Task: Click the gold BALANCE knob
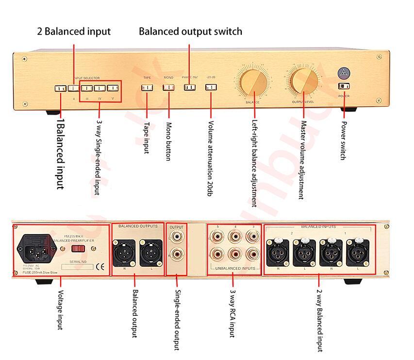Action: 252,81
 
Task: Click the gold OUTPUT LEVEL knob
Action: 304,81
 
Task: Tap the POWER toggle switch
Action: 344,86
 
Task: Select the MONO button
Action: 168,87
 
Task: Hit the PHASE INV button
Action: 189,87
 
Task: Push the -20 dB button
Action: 211,87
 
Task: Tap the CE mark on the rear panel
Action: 100,266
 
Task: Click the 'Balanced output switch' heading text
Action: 190,32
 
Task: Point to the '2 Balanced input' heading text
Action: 74,32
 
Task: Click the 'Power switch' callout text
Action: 343,140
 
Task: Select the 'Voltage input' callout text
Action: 61,310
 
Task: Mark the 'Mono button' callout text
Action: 168,140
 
